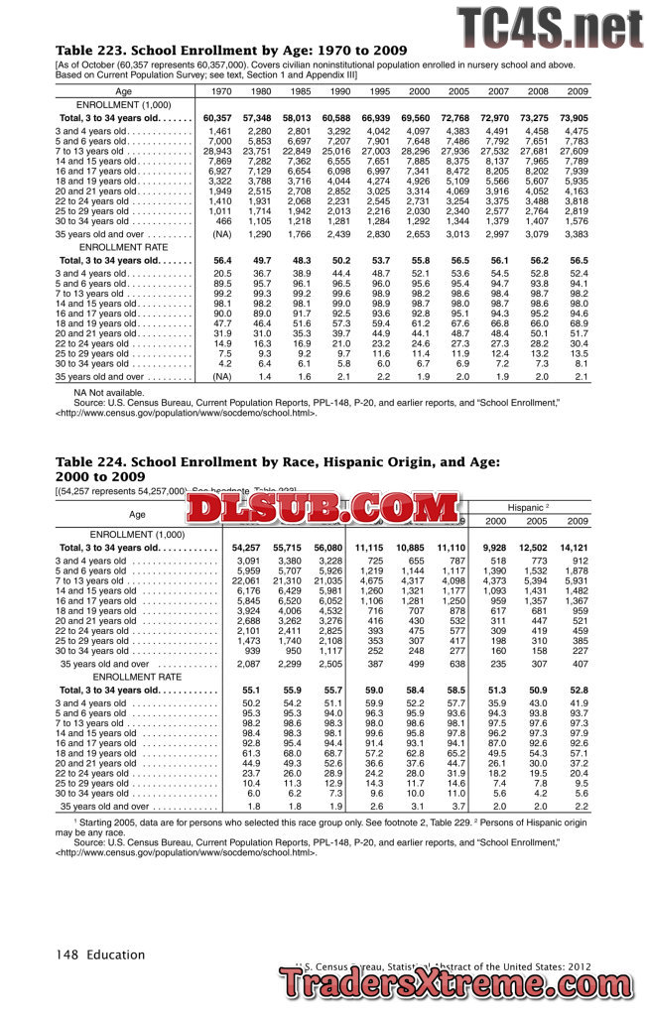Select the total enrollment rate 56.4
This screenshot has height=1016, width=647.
[221, 260]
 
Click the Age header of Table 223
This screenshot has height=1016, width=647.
[123, 91]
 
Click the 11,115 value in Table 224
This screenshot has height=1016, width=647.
[369, 548]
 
